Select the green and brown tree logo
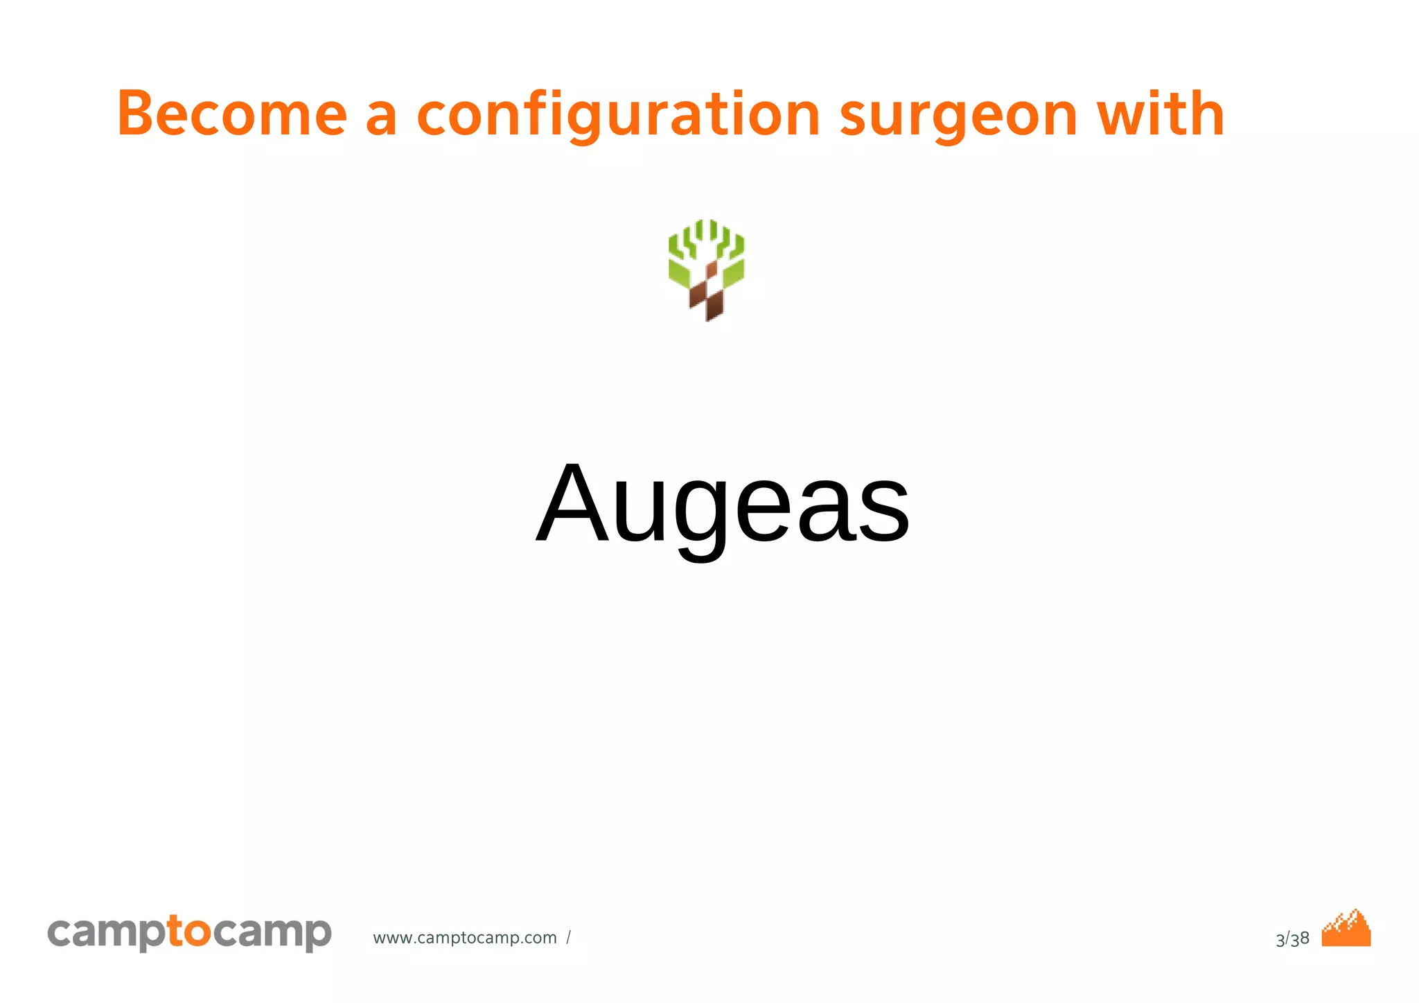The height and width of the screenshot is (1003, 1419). click(x=706, y=270)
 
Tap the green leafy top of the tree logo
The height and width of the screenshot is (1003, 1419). click(x=706, y=243)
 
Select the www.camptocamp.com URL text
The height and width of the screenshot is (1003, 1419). click(x=464, y=938)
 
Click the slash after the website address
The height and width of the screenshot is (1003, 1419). click(x=568, y=938)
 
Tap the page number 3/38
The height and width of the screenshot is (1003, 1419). click(x=1292, y=939)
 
